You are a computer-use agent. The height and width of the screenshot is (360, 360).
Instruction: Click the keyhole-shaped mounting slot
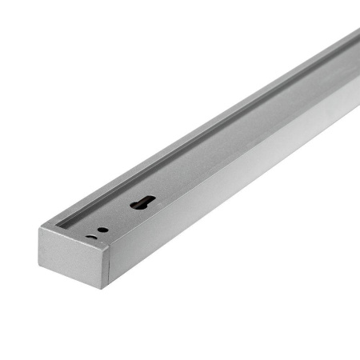142,203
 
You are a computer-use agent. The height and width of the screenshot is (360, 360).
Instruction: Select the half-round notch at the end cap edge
92,236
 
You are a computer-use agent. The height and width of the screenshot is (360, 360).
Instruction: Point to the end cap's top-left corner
38,229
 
